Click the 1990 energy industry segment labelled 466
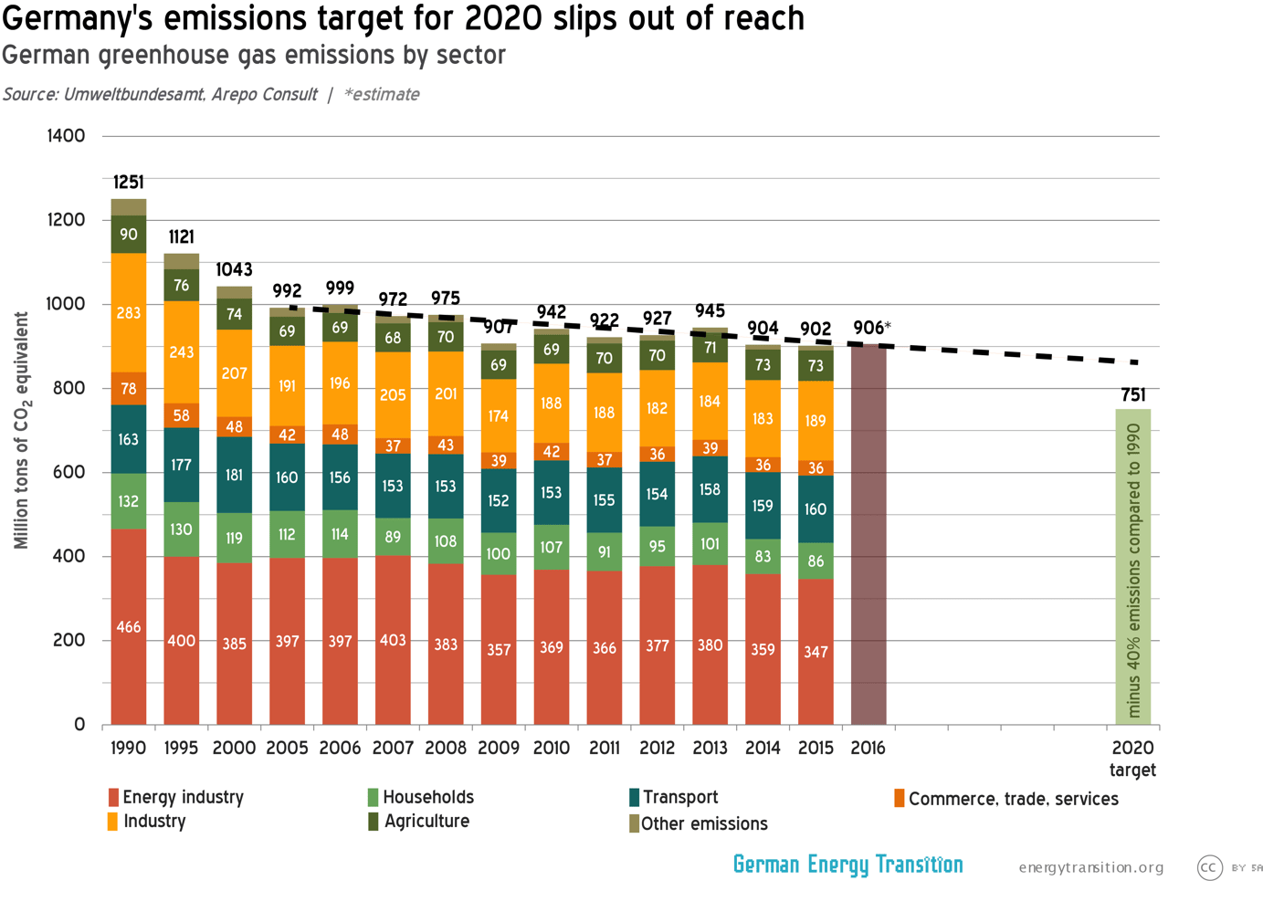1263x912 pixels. pyautogui.click(x=129, y=627)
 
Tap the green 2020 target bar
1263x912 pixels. pyautogui.click(x=1132, y=566)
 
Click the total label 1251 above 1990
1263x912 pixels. pyautogui.click(x=129, y=183)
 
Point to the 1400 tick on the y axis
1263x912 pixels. pyautogui.click(x=66, y=136)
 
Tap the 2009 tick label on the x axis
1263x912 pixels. pyautogui.click(x=499, y=748)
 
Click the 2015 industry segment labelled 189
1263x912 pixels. pyautogui.click(x=816, y=421)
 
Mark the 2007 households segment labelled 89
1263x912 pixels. pyautogui.click(x=393, y=537)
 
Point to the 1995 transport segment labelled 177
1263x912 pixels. pyautogui.click(x=182, y=465)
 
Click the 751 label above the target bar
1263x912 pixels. pyautogui.click(x=1132, y=394)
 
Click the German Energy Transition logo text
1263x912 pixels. pyautogui.click(x=847, y=865)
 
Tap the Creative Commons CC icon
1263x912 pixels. pyautogui.click(x=1209, y=867)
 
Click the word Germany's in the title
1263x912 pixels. pyautogui.click(x=78, y=18)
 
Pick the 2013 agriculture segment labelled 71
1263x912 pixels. pyautogui.click(x=710, y=348)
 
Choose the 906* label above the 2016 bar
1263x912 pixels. pyautogui.click(x=871, y=328)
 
